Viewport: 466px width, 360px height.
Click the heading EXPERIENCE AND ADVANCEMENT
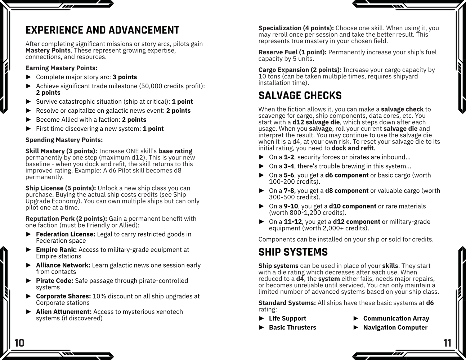click(x=102, y=30)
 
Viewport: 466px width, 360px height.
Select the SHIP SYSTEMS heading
click(x=293, y=252)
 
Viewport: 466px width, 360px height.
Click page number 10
click(x=19, y=343)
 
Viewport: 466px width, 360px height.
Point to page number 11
click(x=447, y=343)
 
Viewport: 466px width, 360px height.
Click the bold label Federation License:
click(x=66, y=234)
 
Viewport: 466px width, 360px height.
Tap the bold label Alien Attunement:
click(x=64, y=312)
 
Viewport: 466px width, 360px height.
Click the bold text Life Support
click(x=287, y=319)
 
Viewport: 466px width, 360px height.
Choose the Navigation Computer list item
click(x=395, y=328)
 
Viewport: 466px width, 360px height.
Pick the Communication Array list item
click(x=396, y=319)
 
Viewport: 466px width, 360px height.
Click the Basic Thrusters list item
click(x=292, y=328)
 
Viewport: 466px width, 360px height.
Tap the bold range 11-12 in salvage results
click(x=293, y=222)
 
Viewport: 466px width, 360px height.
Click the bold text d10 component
click(x=353, y=206)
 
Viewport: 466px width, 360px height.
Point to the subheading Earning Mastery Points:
click(x=61, y=68)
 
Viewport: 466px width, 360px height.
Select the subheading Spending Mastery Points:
click(x=64, y=140)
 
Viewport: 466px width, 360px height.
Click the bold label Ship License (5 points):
click(x=61, y=188)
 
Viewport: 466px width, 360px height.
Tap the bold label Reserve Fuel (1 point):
click(x=292, y=52)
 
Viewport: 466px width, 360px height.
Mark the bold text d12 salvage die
click(x=316, y=122)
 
